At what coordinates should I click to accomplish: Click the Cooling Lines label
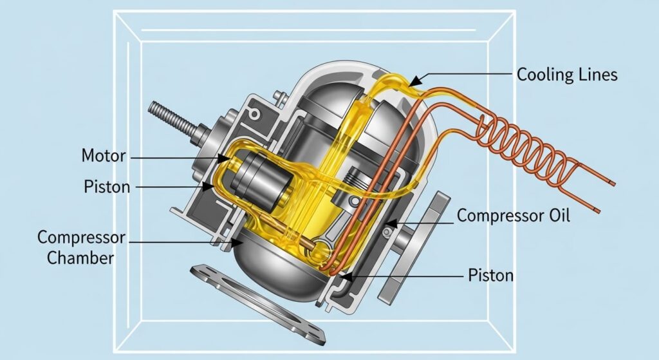pyautogui.click(x=567, y=75)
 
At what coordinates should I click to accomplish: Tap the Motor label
pyautogui.click(x=104, y=156)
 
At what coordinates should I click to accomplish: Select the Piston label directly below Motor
pyautogui.click(x=107, y=186)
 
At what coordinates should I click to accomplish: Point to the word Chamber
pyautogui.click(x=80, y=258)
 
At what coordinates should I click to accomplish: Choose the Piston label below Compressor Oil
pyautogui.click(x=491, y=276)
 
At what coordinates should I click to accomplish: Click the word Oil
pyautogui.click(x=559, y=215)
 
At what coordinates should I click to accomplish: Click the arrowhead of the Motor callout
pyautogui.click(x=225, y=158)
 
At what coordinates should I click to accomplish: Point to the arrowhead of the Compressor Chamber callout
pyautogui.click(x=237, y=242)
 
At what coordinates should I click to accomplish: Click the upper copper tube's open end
pyautogui.click(x=613, y=184)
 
